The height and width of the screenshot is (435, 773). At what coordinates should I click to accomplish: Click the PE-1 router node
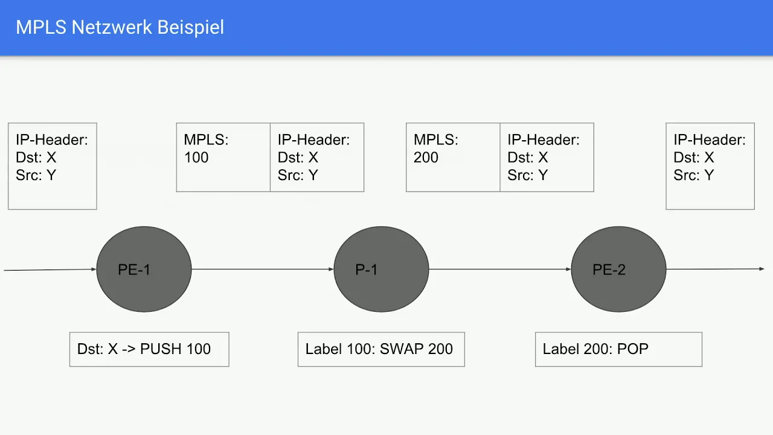click(144, 269)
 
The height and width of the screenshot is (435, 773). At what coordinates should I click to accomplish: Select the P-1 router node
click(381, 269)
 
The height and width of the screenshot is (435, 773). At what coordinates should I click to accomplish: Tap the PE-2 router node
click(619, 269)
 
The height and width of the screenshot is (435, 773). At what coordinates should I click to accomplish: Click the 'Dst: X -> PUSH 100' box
click(149, 349)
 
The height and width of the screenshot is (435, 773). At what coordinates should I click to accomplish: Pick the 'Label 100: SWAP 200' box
click(381, 349)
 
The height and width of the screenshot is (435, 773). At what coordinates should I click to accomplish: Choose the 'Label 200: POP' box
click(619, 349)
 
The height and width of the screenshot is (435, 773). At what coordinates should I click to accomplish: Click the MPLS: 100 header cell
click(223, 157)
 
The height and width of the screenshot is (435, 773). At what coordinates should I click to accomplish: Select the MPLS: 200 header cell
click(453, 157)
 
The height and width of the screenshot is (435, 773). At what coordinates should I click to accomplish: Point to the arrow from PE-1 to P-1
click(263, 269)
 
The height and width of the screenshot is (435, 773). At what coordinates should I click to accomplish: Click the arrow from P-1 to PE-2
click(500, 269)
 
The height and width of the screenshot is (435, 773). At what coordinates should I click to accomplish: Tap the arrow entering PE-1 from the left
click(50, 269)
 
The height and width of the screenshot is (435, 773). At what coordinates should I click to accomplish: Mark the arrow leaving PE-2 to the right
click(716, 269)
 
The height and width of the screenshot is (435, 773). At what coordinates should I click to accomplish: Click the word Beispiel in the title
click(191, 28)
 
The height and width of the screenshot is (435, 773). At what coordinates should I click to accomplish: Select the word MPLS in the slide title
click(41, 27)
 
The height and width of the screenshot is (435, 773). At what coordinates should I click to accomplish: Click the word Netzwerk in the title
click(112, 27)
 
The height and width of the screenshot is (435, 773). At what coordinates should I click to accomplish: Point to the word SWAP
click(402, 349)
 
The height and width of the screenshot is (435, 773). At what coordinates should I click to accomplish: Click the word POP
click(632, 349)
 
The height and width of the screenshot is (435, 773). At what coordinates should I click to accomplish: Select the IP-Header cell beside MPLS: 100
click(317, 157)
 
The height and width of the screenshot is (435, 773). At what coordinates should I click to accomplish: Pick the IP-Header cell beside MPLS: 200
click(547, 157)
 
